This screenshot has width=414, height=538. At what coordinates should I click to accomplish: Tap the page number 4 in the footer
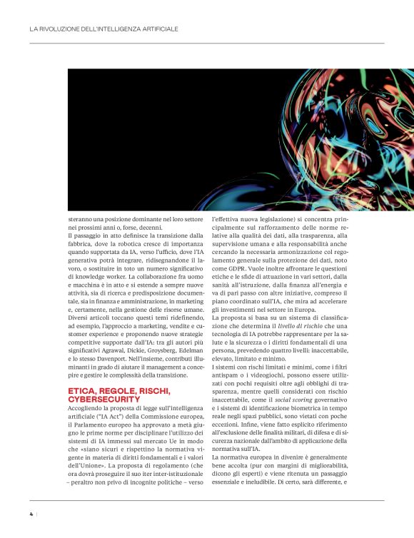31,513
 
